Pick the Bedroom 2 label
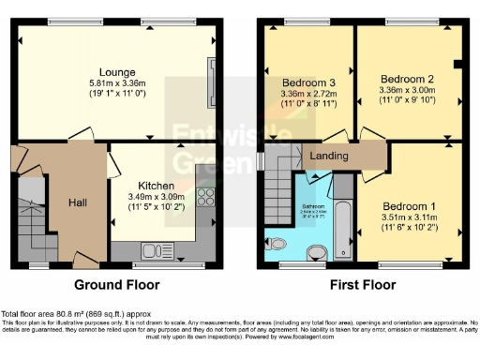pyautogui.click(x=406, y=79)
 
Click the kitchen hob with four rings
pyautogui.click(x=204, y=199)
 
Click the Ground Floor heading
pyautogui.click(x=116, y=284)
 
